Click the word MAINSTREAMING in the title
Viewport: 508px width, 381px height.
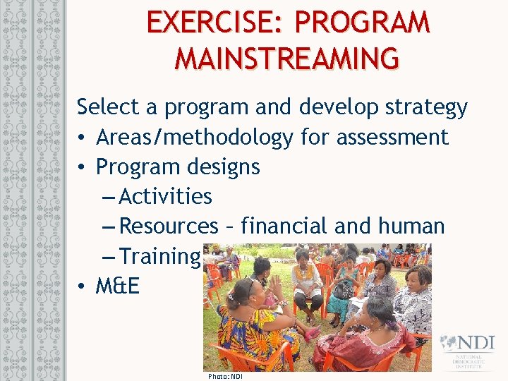(x=286, y=58)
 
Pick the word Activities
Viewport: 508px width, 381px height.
(x=166, y=196)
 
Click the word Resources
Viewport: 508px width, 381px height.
(x=169, y=226)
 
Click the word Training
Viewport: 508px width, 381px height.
(x=160, y=257)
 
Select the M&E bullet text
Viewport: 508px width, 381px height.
(x=118, y=286)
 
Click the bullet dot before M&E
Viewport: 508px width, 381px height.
(x=83, y=287)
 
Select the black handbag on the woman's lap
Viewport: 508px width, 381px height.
(x=344, y=290)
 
